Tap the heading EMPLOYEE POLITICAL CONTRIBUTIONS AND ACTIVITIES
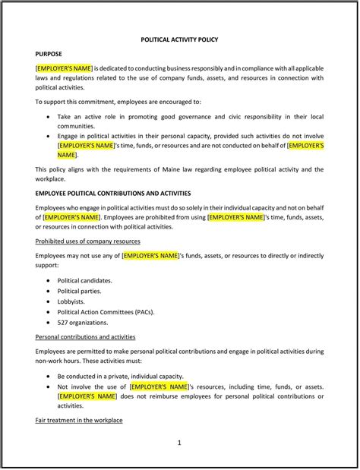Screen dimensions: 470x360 click(113, 194)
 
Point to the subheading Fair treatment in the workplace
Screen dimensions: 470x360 click(79, 420)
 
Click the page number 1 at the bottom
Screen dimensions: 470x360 click(179, 442)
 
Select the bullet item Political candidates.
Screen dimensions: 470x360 click(85, 280)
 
